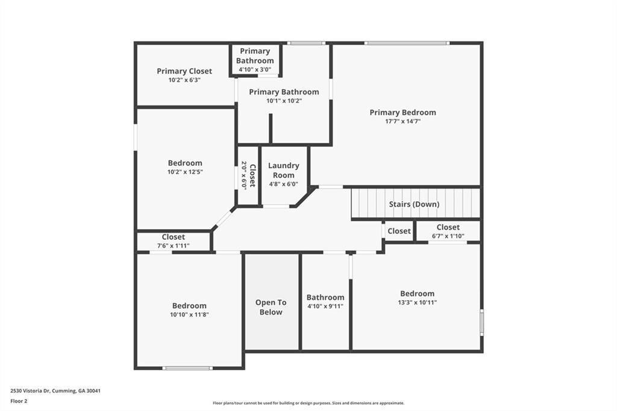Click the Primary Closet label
(x=184, y=71)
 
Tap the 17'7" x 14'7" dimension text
(x=402, y=121)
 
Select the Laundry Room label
(x=283, y=170)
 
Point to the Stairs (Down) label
(x=414, y=204)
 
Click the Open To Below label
(x=271, y=307)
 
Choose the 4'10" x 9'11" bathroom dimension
(x=325, y=306)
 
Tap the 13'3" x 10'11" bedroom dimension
(x=417, y=303)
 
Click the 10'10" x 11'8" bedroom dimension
(x=189, y=315)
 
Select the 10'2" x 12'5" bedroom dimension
(x=185, y=172)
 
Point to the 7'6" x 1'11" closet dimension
(x=173, y=246)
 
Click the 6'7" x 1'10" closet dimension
(x=448, y=236)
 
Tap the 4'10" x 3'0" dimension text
(x=255, y=69)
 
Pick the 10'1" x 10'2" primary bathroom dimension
(x=284, y=101)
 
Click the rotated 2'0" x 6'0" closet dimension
(x=245, y=175)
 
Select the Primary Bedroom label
(x=402, y=112)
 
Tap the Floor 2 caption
(x=19, y=401)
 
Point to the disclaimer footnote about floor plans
(x=308, y=403)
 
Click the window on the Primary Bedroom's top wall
(x=407, y=43)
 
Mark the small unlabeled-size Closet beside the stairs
(x=399, y=231)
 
